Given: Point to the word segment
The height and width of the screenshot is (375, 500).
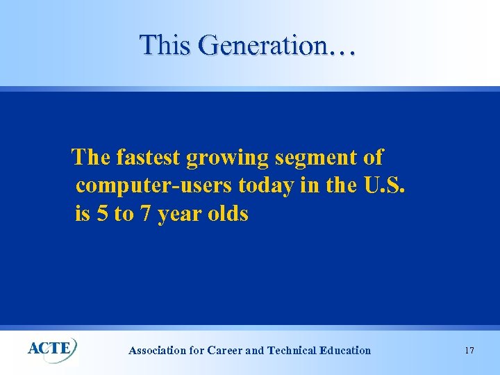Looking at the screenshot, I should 317,158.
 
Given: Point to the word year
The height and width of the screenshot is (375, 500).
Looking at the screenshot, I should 178,215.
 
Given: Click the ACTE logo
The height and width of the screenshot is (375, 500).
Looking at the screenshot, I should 52,347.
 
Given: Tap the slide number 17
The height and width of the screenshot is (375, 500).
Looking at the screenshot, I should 469,350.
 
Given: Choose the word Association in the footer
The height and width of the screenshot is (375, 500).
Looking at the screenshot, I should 158,351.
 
